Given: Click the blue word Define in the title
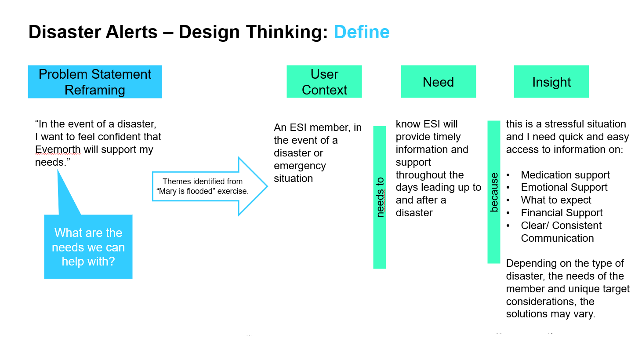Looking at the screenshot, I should click(362, 32).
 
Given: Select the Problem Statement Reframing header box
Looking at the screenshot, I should click(94, 82).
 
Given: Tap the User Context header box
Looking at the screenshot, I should click(324, 82).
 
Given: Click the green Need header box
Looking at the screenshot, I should click(438, 82).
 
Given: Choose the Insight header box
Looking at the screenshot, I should click(551, 82).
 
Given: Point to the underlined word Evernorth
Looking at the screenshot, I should click(58, 149).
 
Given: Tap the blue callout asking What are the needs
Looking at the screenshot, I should click(88, 247).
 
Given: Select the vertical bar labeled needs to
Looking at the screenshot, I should click(380, 197).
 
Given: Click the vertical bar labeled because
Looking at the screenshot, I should click(494, 192).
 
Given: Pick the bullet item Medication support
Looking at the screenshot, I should click(565, 175).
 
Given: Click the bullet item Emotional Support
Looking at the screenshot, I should click(564, 187).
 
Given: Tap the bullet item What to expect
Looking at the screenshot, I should click(556, 200).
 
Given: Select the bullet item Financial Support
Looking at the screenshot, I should click(562, 213).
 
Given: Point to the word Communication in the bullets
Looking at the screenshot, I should click(557, 238).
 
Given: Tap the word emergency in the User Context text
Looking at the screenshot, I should click(300, 166).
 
